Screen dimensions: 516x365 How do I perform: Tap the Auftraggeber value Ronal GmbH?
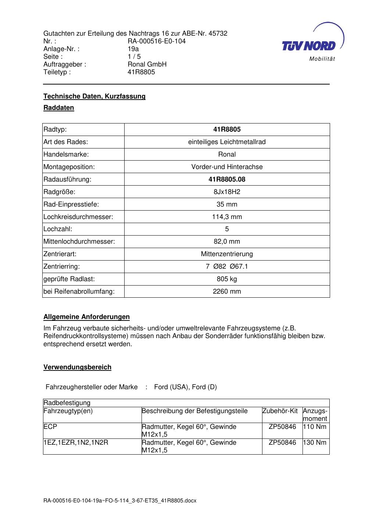147,64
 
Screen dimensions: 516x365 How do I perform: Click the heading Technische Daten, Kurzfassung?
94,96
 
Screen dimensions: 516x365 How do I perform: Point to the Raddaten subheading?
59,108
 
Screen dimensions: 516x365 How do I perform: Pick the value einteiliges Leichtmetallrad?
227,142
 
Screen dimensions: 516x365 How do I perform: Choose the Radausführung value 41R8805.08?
227,179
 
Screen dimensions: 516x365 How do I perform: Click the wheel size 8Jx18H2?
227,192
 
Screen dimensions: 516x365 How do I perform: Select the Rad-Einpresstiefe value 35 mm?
227,204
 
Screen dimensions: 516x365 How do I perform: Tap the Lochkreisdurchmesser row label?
78,217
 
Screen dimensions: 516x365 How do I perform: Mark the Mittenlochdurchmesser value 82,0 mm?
227,241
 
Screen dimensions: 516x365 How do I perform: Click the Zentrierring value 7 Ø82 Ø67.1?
227,266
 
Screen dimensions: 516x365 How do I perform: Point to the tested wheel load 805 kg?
227,279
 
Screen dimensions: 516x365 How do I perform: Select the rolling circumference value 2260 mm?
227,291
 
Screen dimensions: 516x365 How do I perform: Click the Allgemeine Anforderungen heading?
86,317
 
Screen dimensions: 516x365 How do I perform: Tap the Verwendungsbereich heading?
77,367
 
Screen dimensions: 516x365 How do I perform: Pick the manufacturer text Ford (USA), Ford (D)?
185,387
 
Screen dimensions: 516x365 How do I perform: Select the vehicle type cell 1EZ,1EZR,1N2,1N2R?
76,442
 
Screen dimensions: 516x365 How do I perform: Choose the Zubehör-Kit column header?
280,411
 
